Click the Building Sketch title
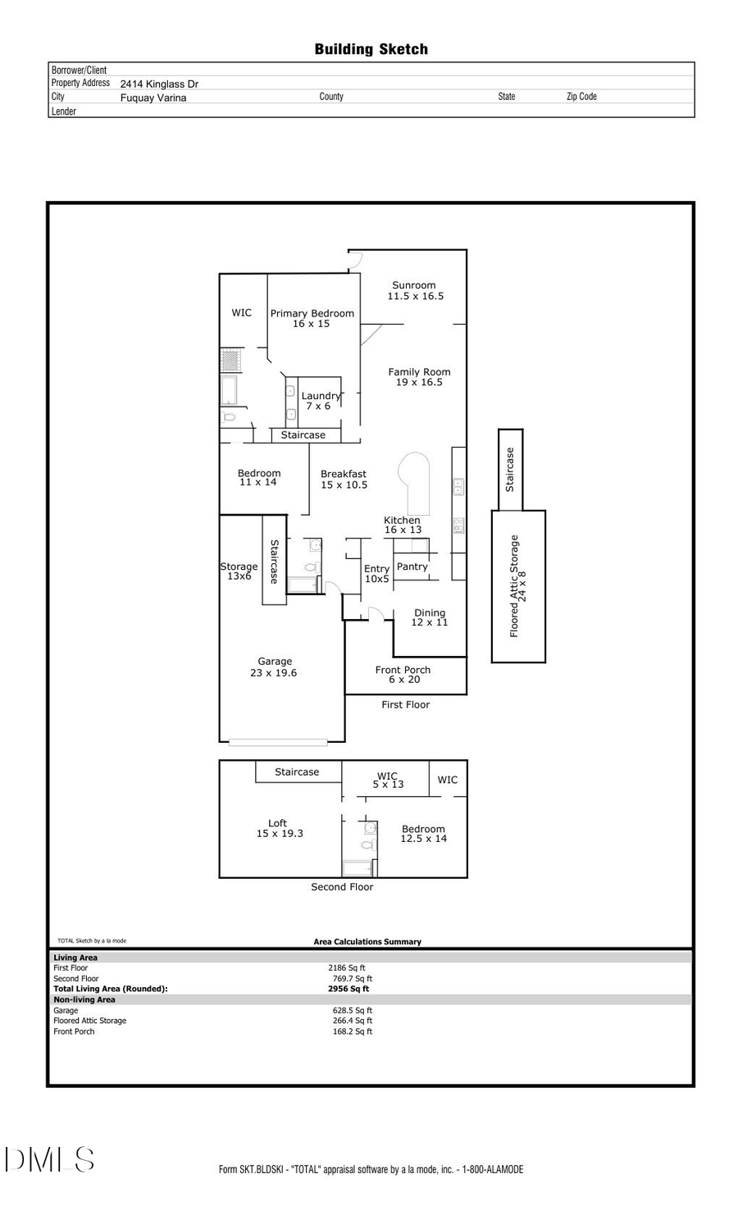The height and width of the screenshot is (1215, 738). (371, 49)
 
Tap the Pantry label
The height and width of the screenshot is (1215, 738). (412, 567)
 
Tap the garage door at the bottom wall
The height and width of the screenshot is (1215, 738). (278, 743)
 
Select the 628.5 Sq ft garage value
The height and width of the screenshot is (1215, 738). (352, 1010)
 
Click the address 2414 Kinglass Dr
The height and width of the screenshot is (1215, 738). (159, 84)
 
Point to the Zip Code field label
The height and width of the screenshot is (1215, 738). (581, 96)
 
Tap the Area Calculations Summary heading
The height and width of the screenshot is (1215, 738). (367, 942)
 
